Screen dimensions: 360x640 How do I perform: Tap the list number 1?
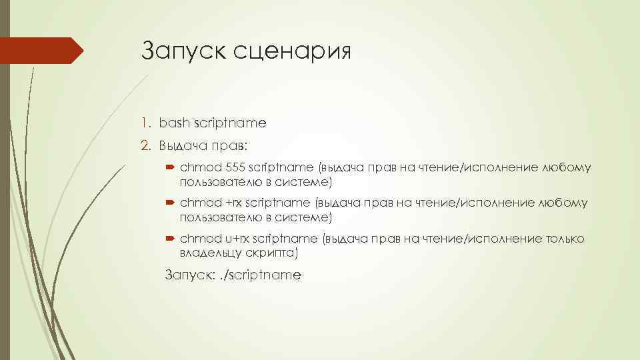click(145, 123)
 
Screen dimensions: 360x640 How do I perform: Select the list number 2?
click(145, 145)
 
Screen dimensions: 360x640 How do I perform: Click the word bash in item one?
click(173, 123)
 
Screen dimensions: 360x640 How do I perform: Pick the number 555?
click(236, 167)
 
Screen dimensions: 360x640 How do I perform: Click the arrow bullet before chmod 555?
click(170, 168)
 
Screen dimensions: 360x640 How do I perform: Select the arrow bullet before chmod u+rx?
click(170, 239)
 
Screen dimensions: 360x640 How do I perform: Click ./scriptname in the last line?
click(262, 275)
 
